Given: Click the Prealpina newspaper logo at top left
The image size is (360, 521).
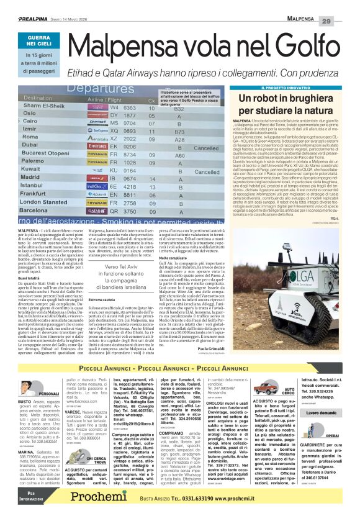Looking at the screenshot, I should click(33, 20).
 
